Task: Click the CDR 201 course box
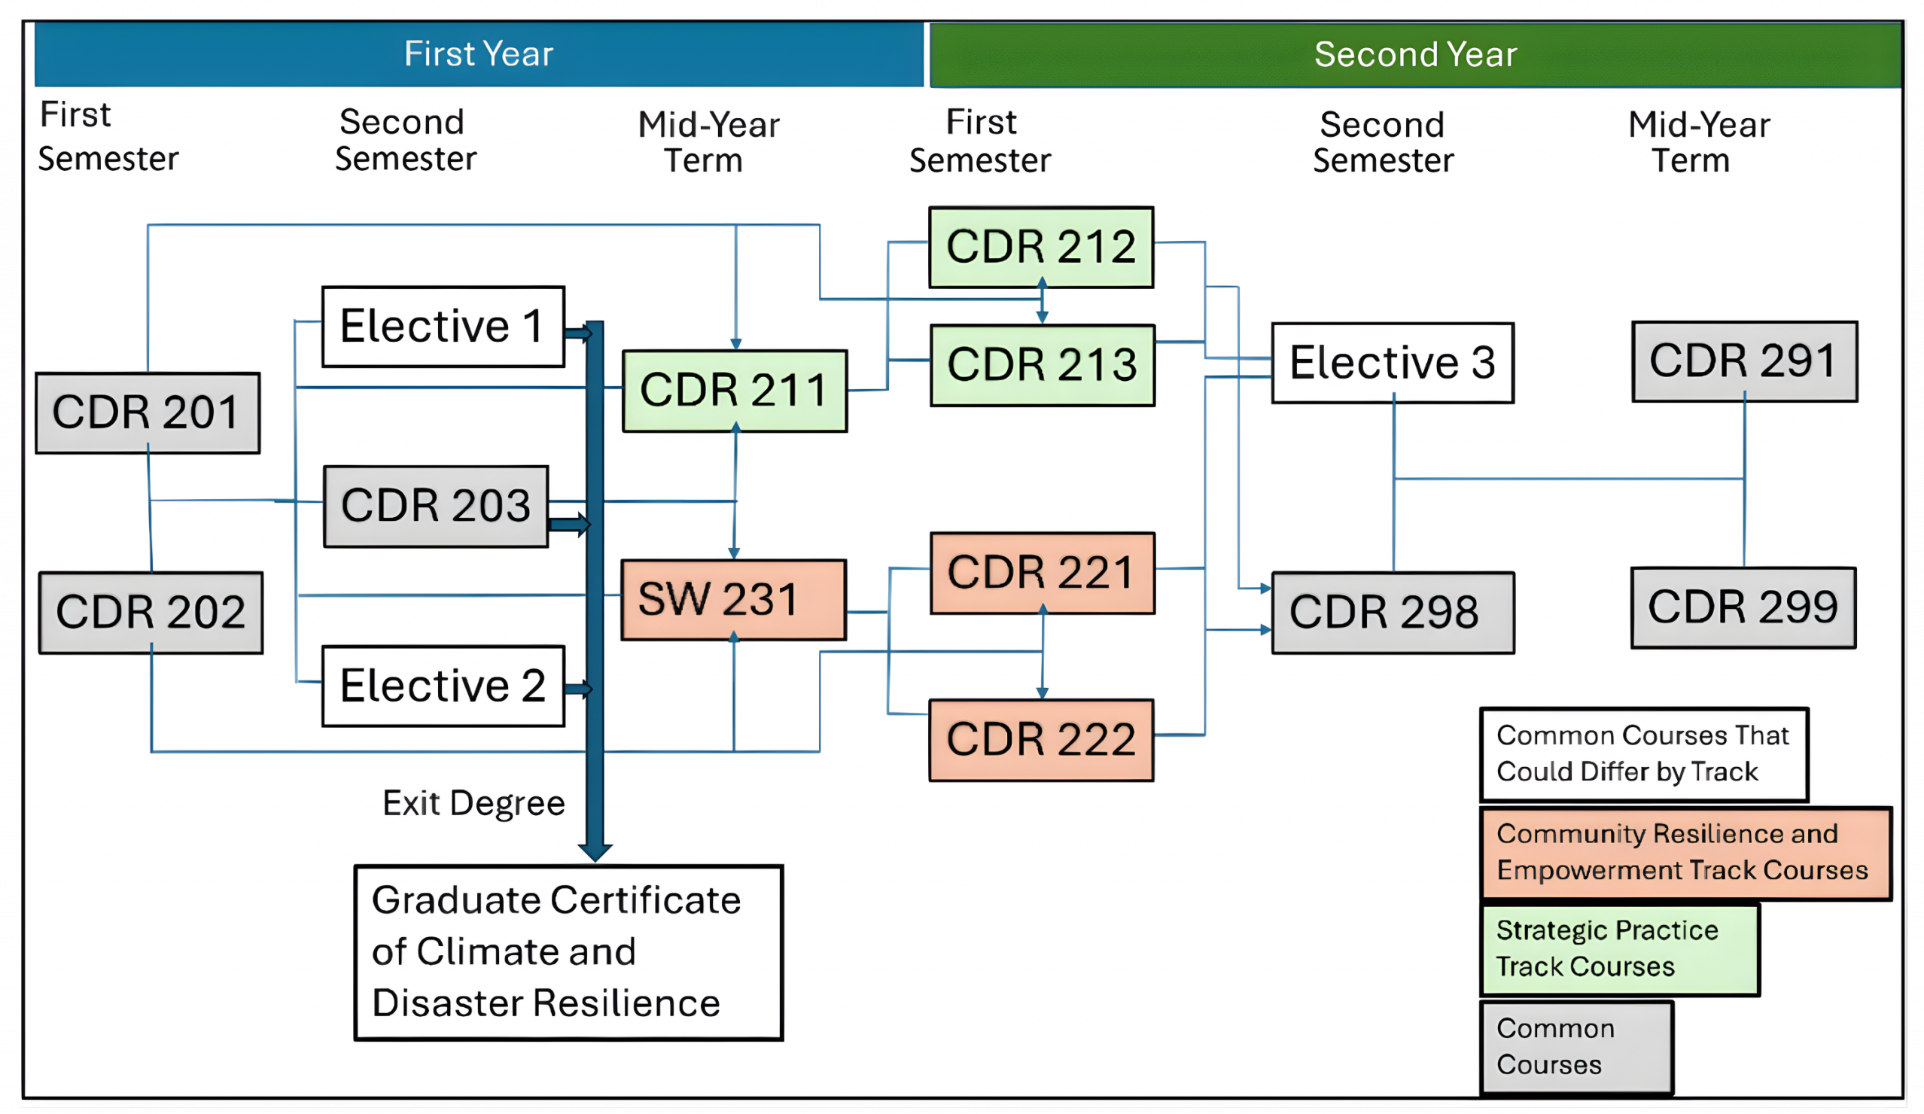pos(148,413)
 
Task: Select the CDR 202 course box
pos(151,613)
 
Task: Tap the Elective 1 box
pos(443,327)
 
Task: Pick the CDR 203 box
pos(436,507)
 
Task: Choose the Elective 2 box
pos(443,686)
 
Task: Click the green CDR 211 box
pos(735,391)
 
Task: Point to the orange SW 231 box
pos(733,599)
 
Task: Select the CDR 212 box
pos(1041,248)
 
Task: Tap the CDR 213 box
pos(1042,365)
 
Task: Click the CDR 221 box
pos(1042,574)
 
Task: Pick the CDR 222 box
pos(1041,740)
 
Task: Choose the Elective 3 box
pos(1393,363)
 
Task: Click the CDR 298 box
pos(1393,613)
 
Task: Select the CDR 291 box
pos(1745,361)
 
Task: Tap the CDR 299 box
pos(1743,607)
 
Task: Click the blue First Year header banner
pos(479,54)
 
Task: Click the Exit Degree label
pos(473,803)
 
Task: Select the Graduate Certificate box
pos(569,952)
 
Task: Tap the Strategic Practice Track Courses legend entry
pos(1619,949)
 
